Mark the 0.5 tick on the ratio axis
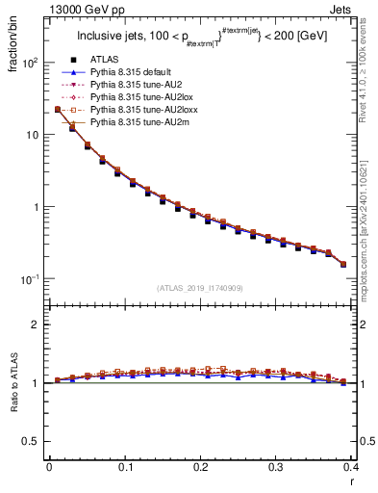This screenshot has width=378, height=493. click(x=34, y=441)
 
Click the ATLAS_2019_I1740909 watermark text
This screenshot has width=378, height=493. click(x=200, y=288)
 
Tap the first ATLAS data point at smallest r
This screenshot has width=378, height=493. click(x=57, y=110)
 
